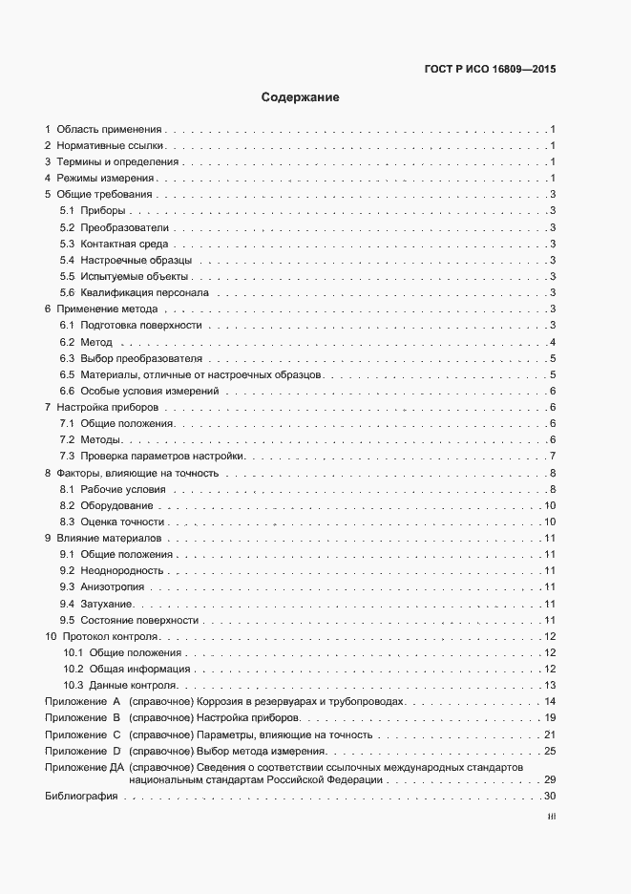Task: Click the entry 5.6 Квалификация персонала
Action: [140, 292]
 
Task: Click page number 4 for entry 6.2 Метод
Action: [553, 342]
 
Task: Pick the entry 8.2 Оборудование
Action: [106, 505]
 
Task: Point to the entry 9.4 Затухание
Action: [98, 604]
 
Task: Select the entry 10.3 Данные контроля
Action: [122, 685]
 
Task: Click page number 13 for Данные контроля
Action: [549, 685]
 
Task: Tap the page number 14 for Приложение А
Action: [549, 701]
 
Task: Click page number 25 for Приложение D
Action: [549, 752]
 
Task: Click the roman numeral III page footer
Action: [551, 817]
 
